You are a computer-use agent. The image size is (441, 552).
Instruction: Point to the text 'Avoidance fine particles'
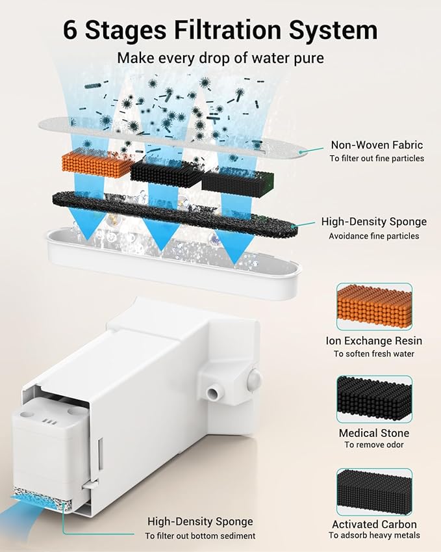click(373, 236)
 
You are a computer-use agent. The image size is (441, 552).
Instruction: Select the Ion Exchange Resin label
click(373, 341)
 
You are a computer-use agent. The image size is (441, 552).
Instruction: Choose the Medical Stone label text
click(373, 433)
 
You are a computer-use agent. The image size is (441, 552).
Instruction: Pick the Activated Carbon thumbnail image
click(373, 492)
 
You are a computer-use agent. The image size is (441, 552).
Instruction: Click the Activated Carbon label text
click(373, 524)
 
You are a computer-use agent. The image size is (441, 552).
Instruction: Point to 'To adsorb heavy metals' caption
click(373, 536)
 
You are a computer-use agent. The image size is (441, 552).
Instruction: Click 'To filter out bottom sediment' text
click(199, 536)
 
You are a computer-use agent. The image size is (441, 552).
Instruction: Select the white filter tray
click(172, 267)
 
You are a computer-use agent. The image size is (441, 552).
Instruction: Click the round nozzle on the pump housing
click(211, 393)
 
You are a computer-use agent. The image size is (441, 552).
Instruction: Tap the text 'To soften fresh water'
click(373, 354)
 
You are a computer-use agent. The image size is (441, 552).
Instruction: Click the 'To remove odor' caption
click(373, 445)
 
